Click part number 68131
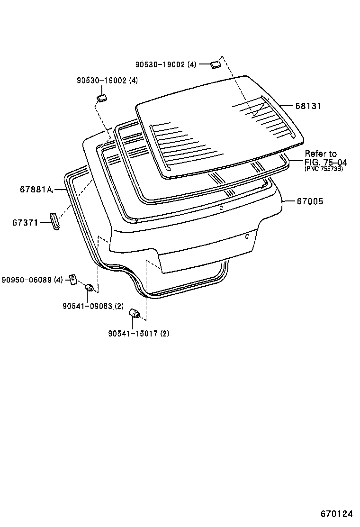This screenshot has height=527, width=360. [308, 107]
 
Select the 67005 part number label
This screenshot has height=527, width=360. [310, 201]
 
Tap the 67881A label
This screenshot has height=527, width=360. [36, 189]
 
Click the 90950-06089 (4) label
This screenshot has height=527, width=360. [32, 280]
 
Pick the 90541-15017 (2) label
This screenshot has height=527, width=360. [138, 333]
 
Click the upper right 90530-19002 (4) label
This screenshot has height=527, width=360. [165, 64]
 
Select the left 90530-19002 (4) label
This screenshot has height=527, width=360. [107, 81]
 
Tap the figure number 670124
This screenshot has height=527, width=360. [336, 514]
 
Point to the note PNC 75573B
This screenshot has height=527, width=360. [324, 169]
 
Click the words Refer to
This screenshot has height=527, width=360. [321, 154]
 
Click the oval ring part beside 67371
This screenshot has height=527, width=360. [54, 222]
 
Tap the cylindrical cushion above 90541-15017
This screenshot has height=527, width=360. [134, 313]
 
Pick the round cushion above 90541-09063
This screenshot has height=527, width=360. [89, 287]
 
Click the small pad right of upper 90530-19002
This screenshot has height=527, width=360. [216, 64]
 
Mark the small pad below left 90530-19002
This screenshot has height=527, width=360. [101, 98]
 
